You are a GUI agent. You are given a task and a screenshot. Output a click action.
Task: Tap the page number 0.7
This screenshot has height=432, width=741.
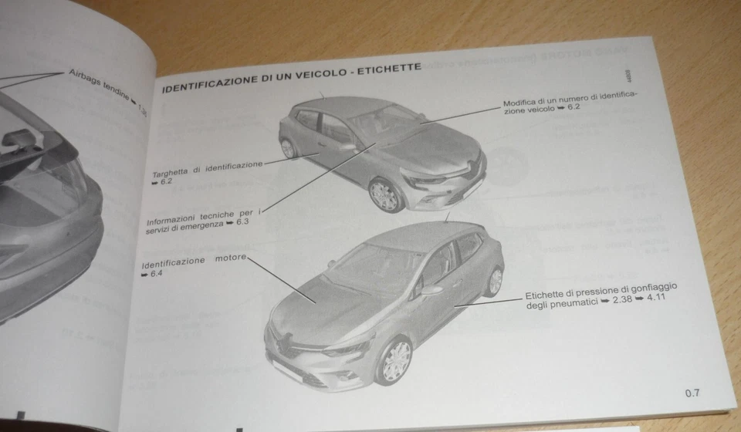click(x=692, y=393)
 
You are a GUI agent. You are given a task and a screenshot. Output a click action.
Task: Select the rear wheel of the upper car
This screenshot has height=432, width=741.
click(x=288, y=147)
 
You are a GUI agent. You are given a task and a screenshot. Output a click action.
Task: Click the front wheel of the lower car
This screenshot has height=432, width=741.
click(x=394, y=360)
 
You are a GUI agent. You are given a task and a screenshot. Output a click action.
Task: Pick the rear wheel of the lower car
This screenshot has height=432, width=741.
click(x=495, y=281)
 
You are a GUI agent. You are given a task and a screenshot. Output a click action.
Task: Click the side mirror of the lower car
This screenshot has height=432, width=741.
click(x=431, y=291)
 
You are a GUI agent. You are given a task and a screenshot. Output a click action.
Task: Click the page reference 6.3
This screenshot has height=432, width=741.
click(x=243, y=222)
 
